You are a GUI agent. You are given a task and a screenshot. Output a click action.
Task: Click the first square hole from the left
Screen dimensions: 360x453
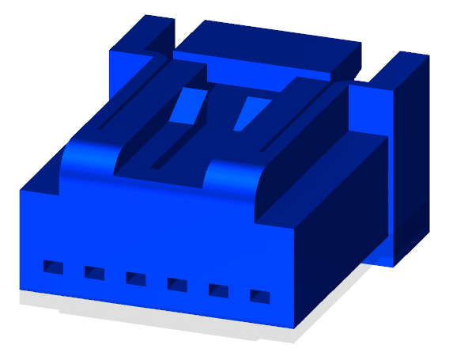click(53, 267)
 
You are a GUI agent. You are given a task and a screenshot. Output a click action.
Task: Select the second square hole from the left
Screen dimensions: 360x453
click(94, 273)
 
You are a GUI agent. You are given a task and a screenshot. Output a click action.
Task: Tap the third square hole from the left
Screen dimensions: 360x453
click(135, 279)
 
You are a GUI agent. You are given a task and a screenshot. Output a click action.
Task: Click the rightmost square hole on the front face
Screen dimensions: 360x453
click(259, 297)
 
